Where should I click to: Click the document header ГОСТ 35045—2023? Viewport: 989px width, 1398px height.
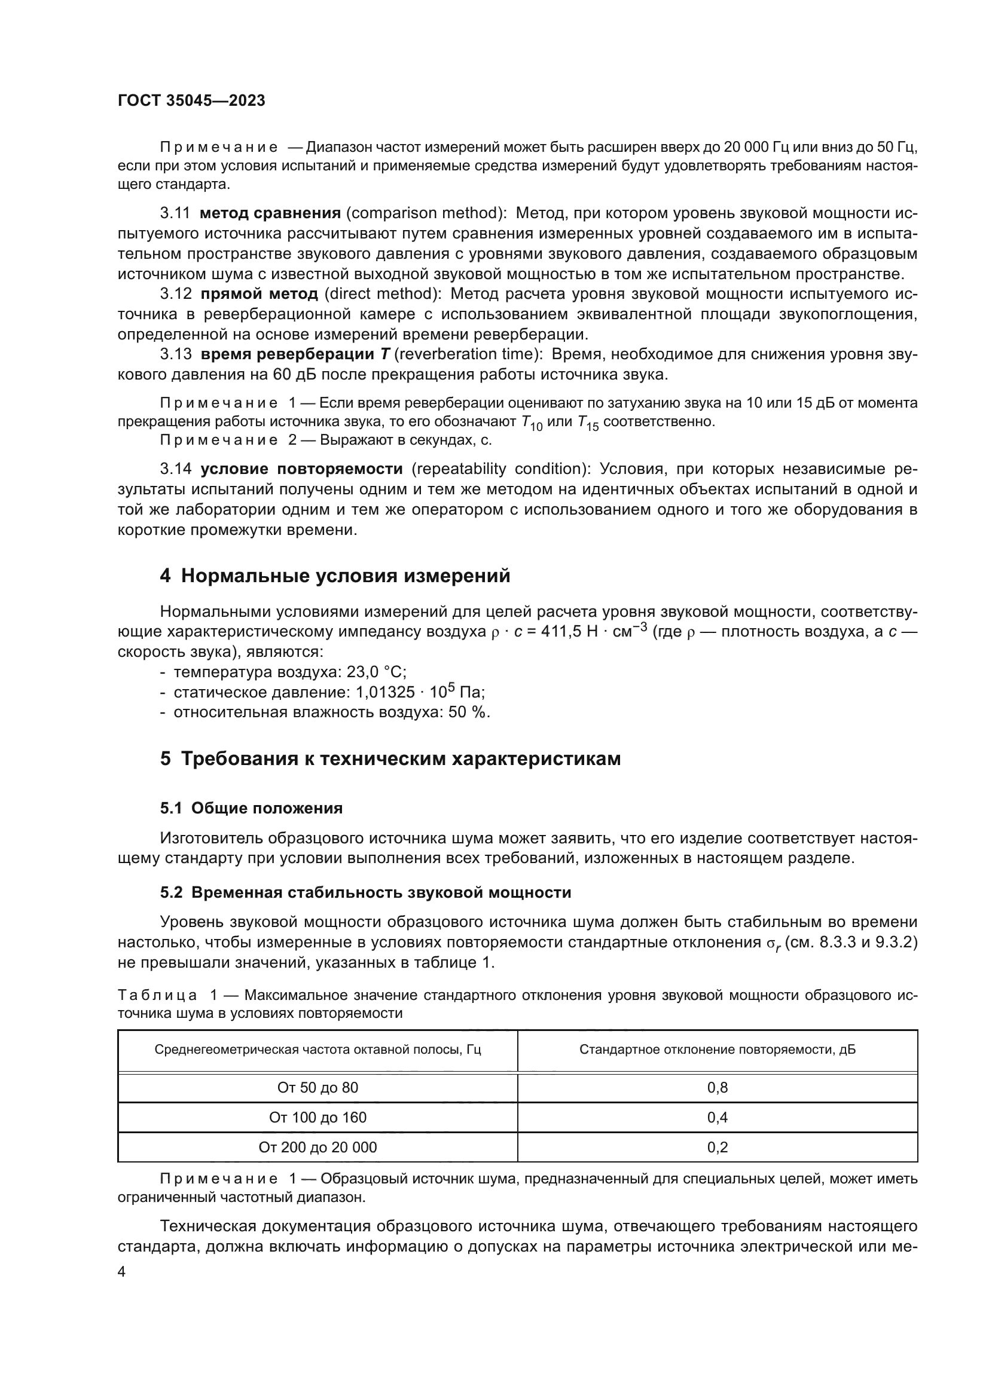click(x=191, y=101)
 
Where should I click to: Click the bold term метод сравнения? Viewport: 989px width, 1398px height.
click(x=270, y=213)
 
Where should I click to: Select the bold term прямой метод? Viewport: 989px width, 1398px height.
click(x=259, y=294)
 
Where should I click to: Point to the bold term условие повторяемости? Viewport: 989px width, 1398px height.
click(x=301, y=469)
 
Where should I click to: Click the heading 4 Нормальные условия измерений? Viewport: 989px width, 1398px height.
click(x=334, y=576)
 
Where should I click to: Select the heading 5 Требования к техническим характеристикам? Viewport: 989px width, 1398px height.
click(x=390, y=758)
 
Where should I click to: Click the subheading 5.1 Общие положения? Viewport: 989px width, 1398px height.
click(x=251, y=808)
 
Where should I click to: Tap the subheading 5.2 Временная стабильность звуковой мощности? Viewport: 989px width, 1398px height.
click(x=365, y=892)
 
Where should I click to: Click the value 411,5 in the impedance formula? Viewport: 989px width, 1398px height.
click(x=560, y=632)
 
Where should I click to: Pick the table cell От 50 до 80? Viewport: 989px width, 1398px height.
click(x=318, y=1087)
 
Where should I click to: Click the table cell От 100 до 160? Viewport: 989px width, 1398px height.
click(x=318, y=1117)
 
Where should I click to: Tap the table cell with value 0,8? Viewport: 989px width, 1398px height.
click(x=717, y=1087)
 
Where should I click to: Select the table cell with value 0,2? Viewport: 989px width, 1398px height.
click(x=717, y=1147)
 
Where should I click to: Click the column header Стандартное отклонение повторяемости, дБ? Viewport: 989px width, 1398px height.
click(x=717, y=1050)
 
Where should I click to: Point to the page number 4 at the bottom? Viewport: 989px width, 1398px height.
click(x=121, y=1272)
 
